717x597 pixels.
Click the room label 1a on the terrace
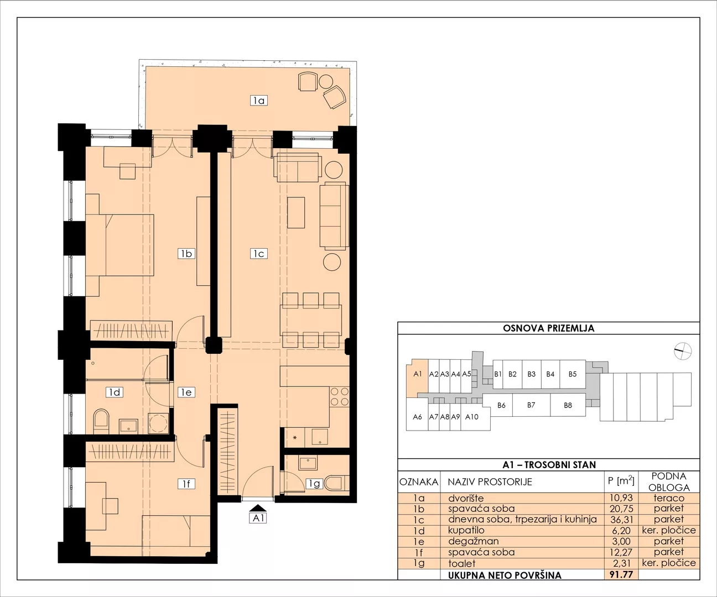pyautogui.click(x=258, y=101)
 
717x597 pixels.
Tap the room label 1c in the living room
pyautogui.click(x=258, y=254)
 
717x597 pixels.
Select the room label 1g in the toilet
pyautogui.click(x=315, y=484)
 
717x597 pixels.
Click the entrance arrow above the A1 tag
pyautogui.click(x=258, y=508)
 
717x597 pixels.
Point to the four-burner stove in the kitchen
pyautogui.click(x=339, y=397)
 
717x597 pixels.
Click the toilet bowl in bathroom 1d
pyautogui.click(x=101, y=421)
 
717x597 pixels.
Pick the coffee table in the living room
pyautogui.click(x=296, y=212)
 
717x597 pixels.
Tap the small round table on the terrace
pyautogui.click(x=325, y=81)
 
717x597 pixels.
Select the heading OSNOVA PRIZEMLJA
pyautogui.click(x=548, y=328)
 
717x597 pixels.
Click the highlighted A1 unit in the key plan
pyautogui.click(x=417, y=378)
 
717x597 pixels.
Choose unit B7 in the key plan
pyautogui.click(x=531, y=405)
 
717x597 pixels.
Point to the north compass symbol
pyautogui.click(x=682, y=352)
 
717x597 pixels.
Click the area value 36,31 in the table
pyautogui.click(x=621, y=520)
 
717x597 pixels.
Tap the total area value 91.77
pyautogui.click(x=621, y=574)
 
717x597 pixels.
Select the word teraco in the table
pyautogui.click(x=669, y=498)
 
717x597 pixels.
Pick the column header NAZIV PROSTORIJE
pyautogui.click(x=490, y=481)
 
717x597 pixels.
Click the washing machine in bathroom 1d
pyautogui.click(x=158, y=423)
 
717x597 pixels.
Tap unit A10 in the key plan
pyautogui.click(x=472, y=417)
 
